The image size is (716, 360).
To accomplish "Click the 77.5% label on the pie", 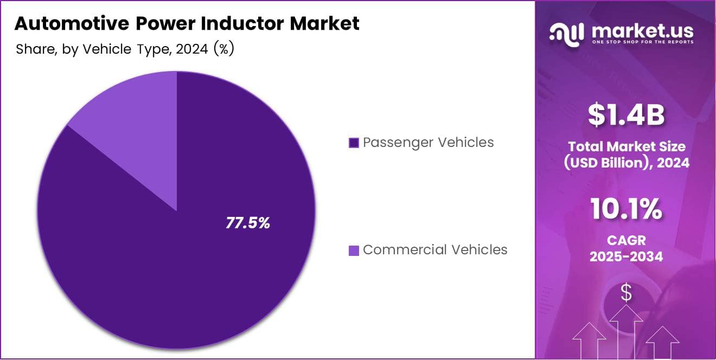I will click(248, 223).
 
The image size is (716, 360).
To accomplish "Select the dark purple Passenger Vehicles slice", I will click(163, 271).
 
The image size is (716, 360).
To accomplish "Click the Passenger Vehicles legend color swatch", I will click(354, 143).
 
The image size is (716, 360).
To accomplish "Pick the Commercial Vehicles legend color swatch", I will click(354, 250).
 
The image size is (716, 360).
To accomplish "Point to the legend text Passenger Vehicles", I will click(428, 143).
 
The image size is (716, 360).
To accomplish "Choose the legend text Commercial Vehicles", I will click(435, 250).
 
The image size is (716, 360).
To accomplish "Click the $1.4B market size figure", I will click(626, 115).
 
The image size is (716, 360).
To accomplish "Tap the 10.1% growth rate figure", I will click(626, 209).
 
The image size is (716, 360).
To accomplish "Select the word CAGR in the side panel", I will click(626, 240).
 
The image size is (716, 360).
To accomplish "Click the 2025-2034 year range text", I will click(626, 256).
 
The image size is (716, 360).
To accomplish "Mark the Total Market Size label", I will click(626, 146).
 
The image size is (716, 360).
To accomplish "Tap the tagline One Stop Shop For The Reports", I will click(643, 42).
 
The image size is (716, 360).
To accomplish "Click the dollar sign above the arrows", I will click(626, 293).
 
